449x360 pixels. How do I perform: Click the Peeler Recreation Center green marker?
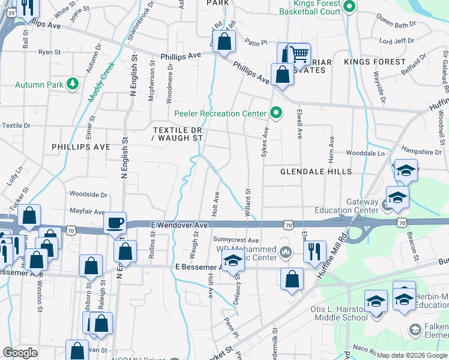click(x=276, y=112)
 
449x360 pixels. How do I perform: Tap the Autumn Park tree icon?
click(x=73, y=84)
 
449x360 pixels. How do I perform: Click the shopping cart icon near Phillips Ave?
click(x=299, y=54)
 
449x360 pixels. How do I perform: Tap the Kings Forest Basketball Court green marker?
click(x=351, y=7)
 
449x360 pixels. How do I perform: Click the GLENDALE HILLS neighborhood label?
click(x=316, y=172)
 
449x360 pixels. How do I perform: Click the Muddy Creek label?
click(x=99, y=84)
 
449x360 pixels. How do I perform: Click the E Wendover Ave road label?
click(x=184, y=224)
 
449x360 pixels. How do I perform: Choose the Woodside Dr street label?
click(x=88, y=194)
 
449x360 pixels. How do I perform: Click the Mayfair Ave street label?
click(x=88, y=211)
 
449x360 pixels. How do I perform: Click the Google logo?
click(x=20, y=353)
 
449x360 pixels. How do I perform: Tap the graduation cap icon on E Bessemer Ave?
click(x=233, y=262)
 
